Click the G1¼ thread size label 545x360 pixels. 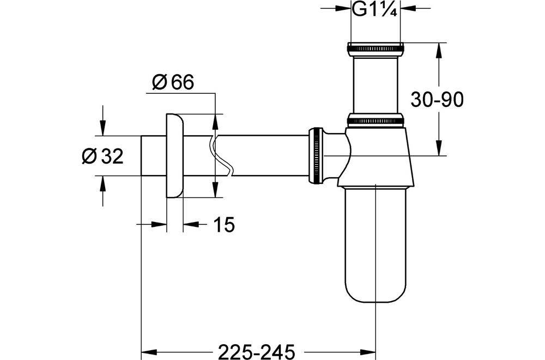click(375, 9)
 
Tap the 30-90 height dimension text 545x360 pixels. click(437, 100)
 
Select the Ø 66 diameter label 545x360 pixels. click(173, 82)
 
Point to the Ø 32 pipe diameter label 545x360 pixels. click(102, 156)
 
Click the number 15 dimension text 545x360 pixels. click(223, 224)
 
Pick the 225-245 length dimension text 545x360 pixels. click(257, 351)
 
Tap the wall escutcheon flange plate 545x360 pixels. click(174, 155)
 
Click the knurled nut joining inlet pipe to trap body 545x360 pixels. click(376, 120)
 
